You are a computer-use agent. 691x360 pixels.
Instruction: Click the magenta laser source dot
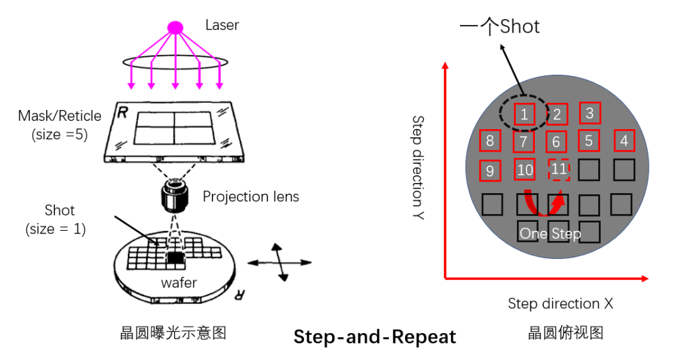click(175, 27)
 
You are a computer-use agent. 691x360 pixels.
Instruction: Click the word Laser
click(222, 26)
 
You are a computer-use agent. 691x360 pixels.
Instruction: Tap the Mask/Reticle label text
click(60, 116)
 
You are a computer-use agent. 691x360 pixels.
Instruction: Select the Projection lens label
click(251, 196)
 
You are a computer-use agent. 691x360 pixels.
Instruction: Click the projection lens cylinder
click(175, 196)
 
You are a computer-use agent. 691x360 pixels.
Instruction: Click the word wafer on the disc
click(179, 282)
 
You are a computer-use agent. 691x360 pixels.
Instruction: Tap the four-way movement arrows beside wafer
click(278, 262)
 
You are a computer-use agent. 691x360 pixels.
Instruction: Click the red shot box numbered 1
click(524, 114)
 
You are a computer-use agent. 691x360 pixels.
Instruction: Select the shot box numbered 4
click(624, 141)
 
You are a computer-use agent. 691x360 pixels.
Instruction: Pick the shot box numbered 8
click(490, 141)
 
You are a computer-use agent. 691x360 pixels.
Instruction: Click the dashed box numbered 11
click(559, 169)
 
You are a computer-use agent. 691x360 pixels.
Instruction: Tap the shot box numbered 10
click(525, 169)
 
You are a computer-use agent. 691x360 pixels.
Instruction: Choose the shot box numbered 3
click(590, 113)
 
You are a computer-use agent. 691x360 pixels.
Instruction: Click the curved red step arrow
click(544, 205)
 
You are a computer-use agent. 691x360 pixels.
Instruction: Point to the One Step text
click(550, 233)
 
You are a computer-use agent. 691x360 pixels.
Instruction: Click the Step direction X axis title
click(560, 303)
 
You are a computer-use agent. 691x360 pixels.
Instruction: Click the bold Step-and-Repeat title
click(375, 337)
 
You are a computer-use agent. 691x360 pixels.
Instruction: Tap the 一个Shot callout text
click(500, 26)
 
